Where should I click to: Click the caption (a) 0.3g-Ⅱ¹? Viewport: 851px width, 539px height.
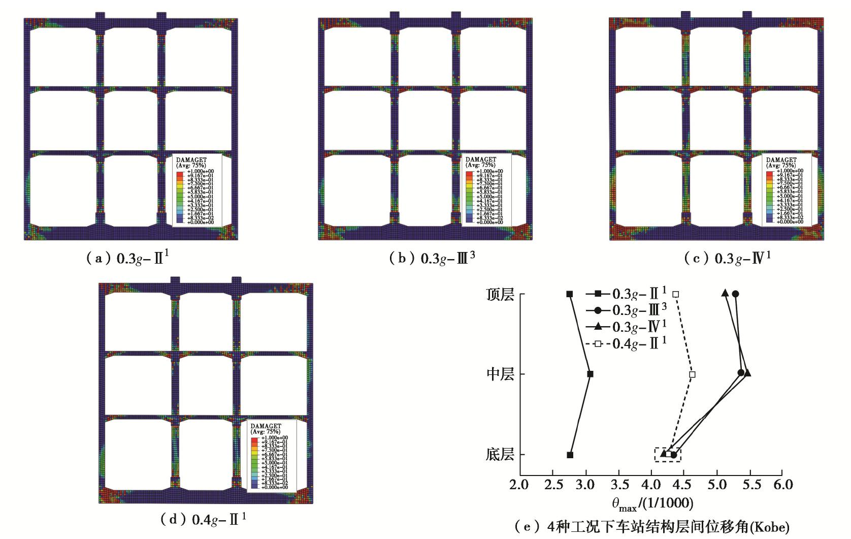coord(127,258)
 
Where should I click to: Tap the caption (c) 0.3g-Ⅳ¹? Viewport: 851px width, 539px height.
coord(727,258)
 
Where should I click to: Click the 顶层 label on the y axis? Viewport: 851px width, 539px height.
coord(500,295)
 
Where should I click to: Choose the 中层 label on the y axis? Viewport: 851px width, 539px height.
coord(500,374)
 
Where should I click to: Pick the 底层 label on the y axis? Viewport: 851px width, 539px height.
coord(500,455)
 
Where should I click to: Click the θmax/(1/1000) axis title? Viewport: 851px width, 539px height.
coord(652,503)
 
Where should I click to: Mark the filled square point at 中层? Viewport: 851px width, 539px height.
coord(590,374)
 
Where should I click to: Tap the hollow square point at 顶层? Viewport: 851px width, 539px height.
coord(676,294)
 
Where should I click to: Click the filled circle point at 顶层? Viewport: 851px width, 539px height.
coord(735,294)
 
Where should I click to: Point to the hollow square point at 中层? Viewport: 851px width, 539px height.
coord(692,374)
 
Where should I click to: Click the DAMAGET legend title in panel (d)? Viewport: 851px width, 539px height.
coord(266,426)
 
